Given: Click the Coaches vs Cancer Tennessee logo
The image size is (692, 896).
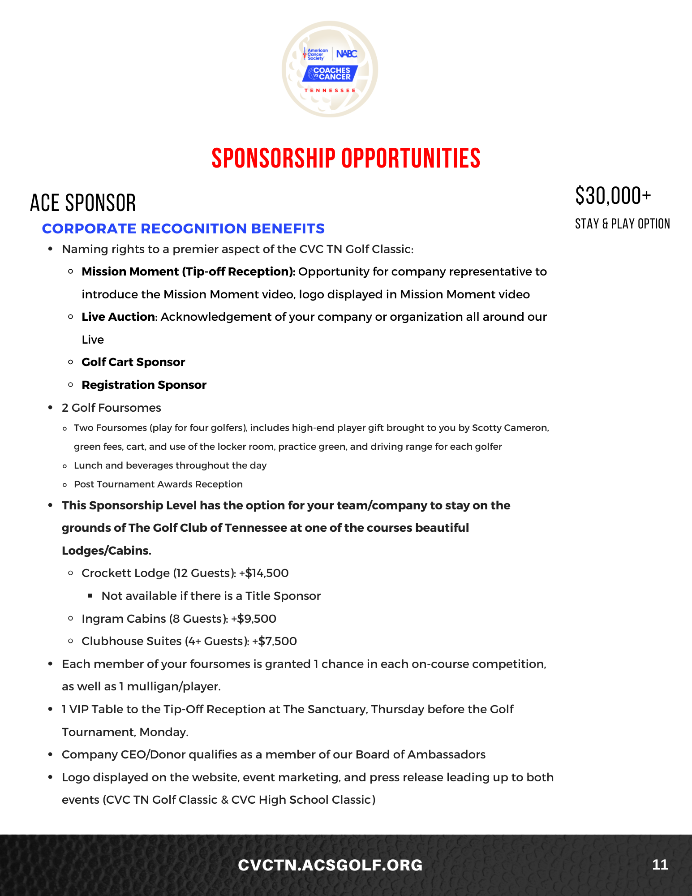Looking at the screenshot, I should (330, 69).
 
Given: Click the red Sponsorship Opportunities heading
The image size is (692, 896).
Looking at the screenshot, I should (346, 158).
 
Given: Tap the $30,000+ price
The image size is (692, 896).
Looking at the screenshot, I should (613, 196).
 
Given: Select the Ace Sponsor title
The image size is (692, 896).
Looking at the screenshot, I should (83, 203).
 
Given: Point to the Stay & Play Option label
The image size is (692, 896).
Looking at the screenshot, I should (622, 224).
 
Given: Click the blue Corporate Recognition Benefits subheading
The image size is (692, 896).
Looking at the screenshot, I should (183, 228).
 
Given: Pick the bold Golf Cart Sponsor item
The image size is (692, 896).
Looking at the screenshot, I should (133, 362).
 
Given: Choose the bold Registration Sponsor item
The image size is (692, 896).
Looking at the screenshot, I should (144, 385).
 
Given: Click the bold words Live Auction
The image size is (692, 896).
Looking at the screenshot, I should (118, 317).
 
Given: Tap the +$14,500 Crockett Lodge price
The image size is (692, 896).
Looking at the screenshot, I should (264, 573).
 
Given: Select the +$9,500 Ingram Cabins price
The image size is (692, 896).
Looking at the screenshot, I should (254, 619).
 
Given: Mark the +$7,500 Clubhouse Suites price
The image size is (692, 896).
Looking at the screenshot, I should (275, 641).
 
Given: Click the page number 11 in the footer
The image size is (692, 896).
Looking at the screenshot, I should (660, 864).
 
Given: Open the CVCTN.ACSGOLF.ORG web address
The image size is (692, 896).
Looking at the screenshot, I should (330, 865).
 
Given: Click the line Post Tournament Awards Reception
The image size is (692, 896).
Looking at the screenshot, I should (158, 484).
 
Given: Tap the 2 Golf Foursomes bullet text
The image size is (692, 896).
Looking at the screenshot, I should (112, 408).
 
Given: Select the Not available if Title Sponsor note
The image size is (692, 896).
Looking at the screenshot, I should (211, 596).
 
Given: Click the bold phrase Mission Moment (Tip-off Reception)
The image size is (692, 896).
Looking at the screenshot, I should (188, 271).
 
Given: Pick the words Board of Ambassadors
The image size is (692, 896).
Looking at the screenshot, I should (420, 754).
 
